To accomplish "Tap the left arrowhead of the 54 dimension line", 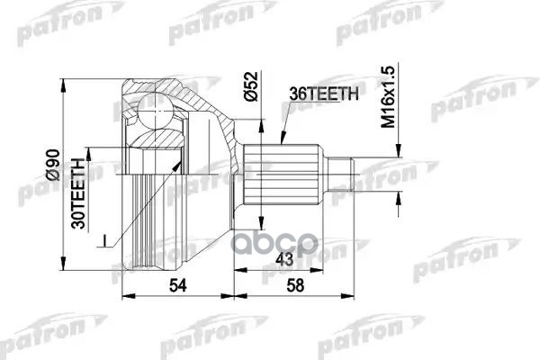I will point(123,295).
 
